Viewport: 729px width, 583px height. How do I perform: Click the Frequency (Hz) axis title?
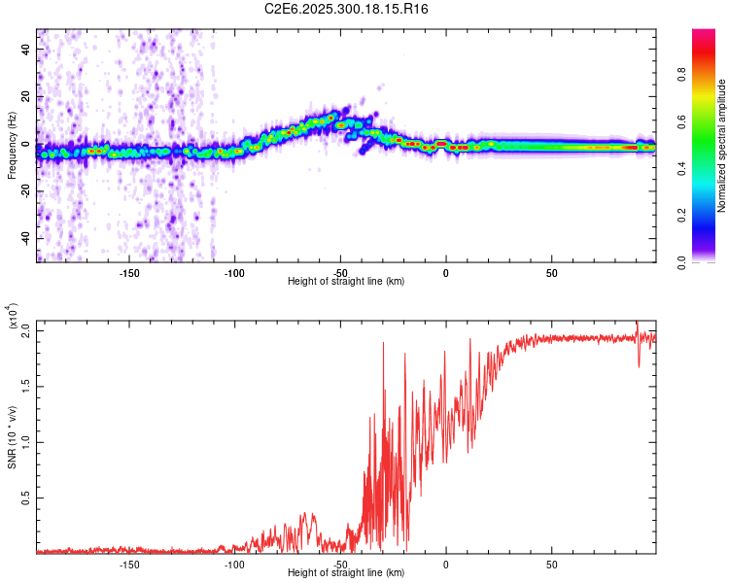12,146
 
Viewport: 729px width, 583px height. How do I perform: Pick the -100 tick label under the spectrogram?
234,272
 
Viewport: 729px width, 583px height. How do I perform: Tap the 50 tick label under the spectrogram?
551,272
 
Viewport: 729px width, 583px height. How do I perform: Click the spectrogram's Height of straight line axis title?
346,282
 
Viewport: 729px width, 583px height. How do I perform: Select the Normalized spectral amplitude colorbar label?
722,146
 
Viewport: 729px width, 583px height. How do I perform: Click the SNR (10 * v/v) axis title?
12,437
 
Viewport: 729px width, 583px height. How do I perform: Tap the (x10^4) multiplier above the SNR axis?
13,317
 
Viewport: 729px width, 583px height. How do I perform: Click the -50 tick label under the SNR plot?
339,564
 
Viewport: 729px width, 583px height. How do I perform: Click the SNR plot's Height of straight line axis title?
346,573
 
